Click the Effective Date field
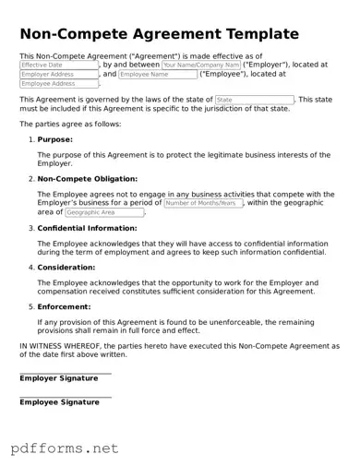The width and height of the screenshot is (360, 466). tap(59, 66)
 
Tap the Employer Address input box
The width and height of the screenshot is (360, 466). tap(59, 75)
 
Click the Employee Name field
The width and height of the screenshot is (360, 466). tap(158, 75)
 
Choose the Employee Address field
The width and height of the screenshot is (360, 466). tap(59, 84)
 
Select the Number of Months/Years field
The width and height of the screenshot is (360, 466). tap(203, 203)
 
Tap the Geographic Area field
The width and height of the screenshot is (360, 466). tap(104, 212)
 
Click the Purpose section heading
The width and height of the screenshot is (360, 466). tap(54, 139)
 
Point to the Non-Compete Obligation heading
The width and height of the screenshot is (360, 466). tap(88, 179)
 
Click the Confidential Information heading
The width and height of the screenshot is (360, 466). tap(88, 228)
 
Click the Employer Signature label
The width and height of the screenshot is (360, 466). tap(59, 378)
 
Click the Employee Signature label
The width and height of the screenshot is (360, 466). tap(59, 402)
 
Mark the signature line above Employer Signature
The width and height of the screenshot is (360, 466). tap(65, 373)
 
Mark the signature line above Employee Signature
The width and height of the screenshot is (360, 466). tap(65, 397)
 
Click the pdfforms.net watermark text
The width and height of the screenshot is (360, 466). tap(65, 448)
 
